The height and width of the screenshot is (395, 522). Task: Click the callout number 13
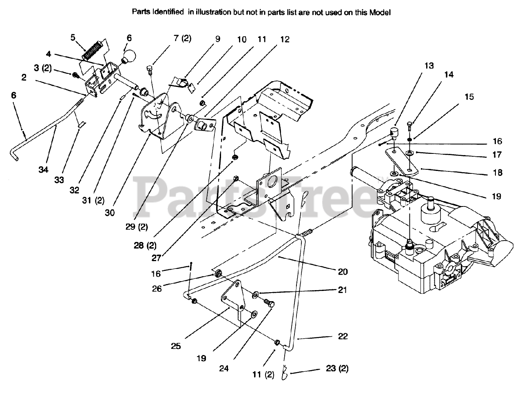pyautogui.click(x=429, y=66)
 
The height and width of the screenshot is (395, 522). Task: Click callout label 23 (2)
pyautogui.click(x=337, y=368)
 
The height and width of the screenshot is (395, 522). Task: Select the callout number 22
pyautogui.click(x=343, y=336)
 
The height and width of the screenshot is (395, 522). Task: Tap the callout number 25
pyautogui.click(x=176, y=346)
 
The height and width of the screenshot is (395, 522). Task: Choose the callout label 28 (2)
pyautogui.click(x=145, y=245)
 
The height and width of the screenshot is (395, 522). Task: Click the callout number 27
pyautogui.click(x=156, y=257)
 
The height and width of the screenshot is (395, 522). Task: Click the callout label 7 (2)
pyautogui.click(x=182, y=39)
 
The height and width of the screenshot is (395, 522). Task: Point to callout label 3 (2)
pyautogui.click(x=42, y=68)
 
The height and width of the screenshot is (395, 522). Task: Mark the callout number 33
pyautogui.click(x=59, y=180)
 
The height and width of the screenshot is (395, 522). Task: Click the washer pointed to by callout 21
pyautogui.click(x=256, y=294)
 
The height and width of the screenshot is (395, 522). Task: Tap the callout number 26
pyautogui.click(x=157, y=288)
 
